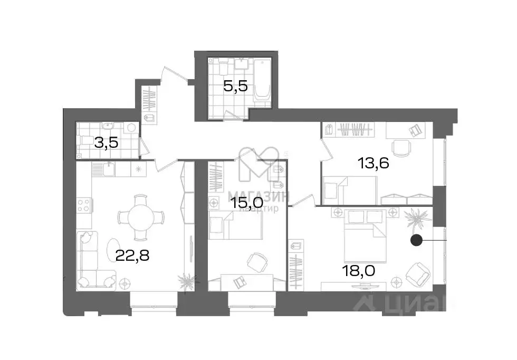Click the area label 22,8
pos(132,255)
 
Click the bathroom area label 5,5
pos(235,86)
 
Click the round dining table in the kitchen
pos(140,217)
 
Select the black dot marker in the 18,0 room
pos(416,240)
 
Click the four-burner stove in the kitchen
pos(84,205)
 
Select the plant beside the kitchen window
pos(187,280)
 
